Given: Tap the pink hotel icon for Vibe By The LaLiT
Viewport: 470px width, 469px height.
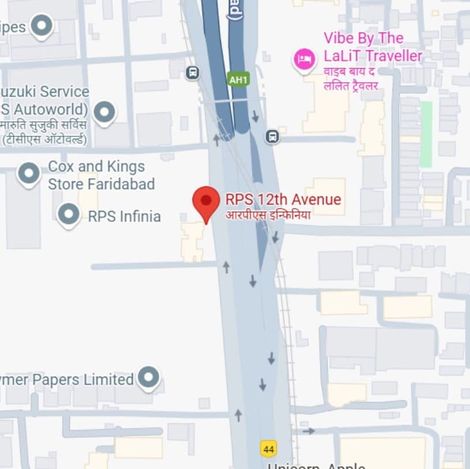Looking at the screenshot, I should [304, 58].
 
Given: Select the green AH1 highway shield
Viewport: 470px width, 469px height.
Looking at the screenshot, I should [238, 79].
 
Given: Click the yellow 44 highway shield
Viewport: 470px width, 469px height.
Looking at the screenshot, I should [268, 448].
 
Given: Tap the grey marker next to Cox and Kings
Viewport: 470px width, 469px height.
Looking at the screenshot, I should [29, 173].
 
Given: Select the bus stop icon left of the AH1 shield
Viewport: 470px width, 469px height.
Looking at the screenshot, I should [193, 73].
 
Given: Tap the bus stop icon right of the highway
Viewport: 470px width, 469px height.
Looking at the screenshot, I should [272, 136].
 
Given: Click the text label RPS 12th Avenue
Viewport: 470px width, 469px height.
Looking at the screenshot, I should [283, 200].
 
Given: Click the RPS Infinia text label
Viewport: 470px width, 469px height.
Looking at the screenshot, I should [124, 217].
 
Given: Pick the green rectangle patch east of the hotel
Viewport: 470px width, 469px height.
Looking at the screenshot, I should [426, 134].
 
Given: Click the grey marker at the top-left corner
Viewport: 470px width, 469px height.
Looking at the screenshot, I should [42, 25].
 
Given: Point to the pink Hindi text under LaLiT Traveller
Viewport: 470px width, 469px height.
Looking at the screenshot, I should [351, 80].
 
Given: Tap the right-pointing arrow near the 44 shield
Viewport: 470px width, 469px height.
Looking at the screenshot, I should [309, 430].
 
